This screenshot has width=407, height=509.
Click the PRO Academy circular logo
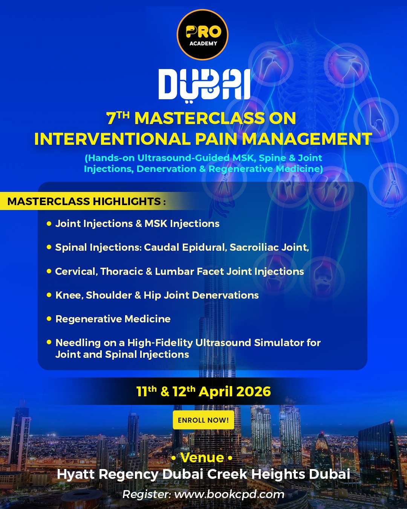coord(203,35)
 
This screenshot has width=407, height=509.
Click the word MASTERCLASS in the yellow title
coord(199,118)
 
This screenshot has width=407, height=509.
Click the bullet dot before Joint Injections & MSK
coord(49,224)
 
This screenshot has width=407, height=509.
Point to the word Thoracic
coord(122,271)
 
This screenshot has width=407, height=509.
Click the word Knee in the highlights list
coord(69,295)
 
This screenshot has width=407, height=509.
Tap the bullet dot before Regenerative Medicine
coord(49,319)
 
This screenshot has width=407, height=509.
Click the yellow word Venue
coord(202,457)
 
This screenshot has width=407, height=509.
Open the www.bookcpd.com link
coord(229,494)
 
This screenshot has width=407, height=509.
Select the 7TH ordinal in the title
coord(118,118)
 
